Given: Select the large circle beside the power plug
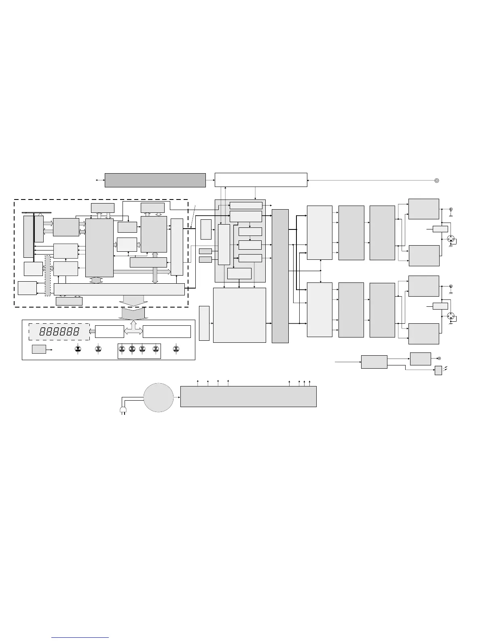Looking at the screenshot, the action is pos(159,397).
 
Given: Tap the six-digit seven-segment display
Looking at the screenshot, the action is pos(59,332).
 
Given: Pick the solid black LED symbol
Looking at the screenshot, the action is pos(78,348).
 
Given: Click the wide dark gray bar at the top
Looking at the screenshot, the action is pos(155,180).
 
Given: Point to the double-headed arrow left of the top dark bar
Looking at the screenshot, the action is pos(99,180).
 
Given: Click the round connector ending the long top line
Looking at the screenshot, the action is pos(436,180).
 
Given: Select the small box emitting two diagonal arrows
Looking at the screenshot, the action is pos(438,370).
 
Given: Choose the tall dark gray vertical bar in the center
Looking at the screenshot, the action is pos(280,276).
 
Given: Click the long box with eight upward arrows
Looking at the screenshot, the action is pos(248,396).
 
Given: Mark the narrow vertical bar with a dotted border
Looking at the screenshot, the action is pos(48,276).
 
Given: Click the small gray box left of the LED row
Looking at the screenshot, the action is pos(39,349).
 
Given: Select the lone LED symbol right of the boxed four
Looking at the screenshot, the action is pos(176,349).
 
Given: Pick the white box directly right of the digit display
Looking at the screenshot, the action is pos(109,331).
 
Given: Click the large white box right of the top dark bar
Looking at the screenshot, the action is pos(261,180).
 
